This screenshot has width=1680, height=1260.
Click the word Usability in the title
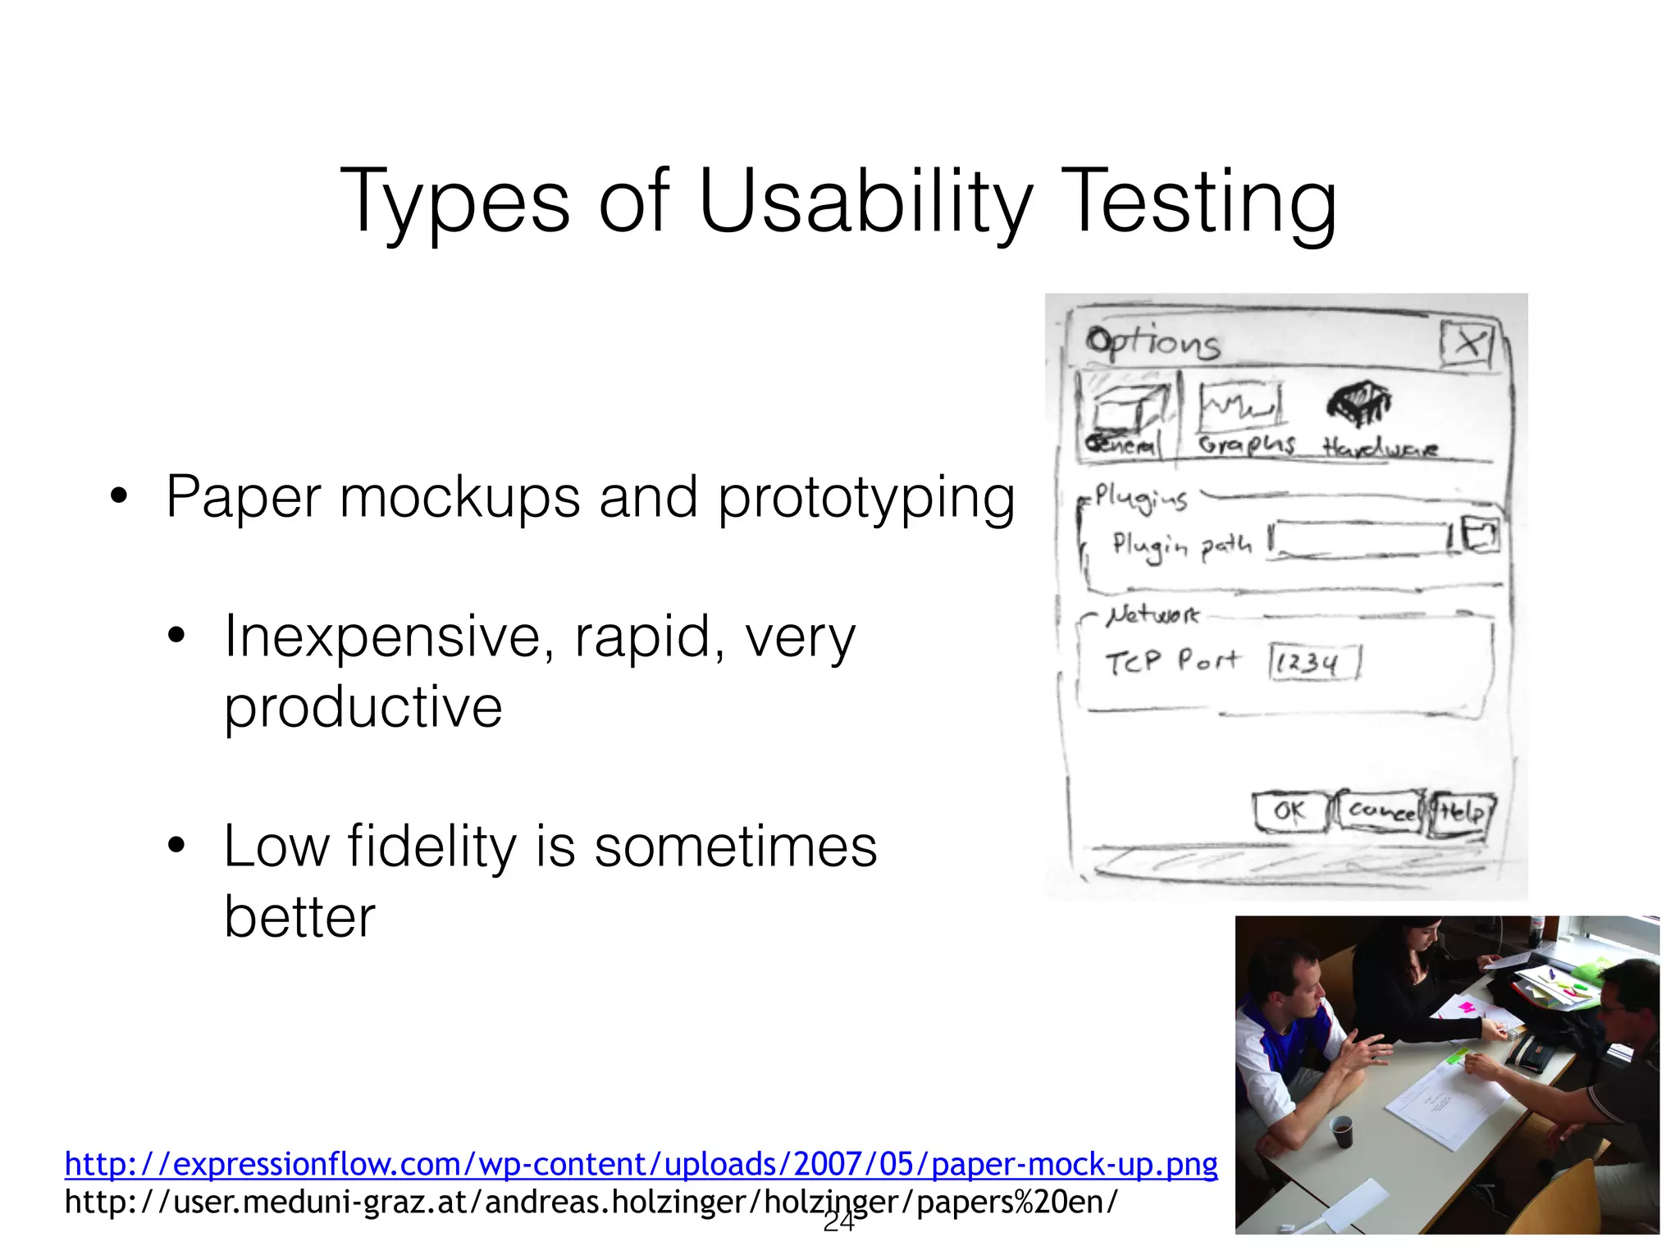[865, 201]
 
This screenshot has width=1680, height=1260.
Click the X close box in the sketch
[1468, 343]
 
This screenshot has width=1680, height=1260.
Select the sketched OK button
[1290, 811]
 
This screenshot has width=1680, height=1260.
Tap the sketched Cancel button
[1380, 811]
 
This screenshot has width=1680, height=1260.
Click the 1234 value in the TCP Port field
[1309, 662]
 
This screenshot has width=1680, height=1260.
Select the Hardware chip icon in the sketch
[1359, 404]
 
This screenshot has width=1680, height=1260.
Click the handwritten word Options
[1153, 343]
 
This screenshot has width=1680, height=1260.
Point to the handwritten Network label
[1152, 614]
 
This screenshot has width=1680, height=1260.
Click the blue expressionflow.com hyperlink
[641, 1163]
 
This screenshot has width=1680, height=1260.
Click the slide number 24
[838, 1222]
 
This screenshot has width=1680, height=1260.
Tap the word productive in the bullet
[363, 707]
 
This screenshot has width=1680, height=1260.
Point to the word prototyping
[865, 498]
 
